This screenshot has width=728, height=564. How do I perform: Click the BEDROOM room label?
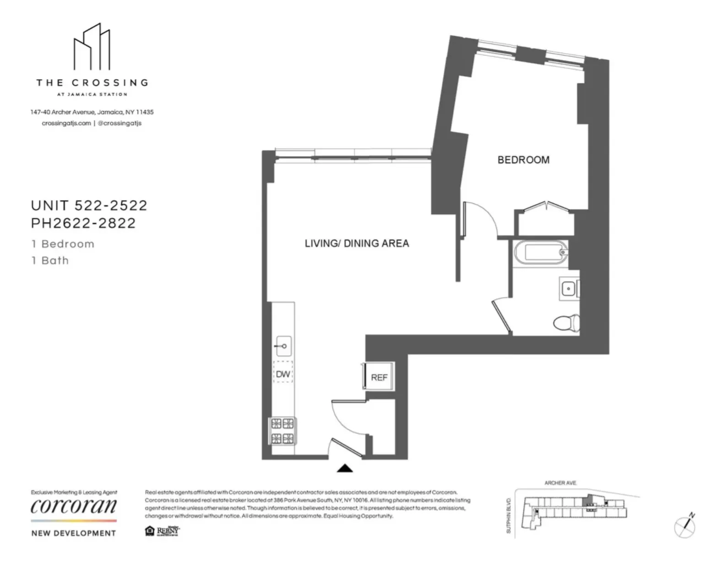point(523,160)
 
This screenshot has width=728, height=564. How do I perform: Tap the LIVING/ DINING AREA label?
point(357,244)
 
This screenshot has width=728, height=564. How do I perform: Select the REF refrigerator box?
point(379,377)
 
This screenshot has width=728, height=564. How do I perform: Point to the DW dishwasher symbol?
point(283,374)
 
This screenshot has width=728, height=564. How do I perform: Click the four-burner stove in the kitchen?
point(282,431)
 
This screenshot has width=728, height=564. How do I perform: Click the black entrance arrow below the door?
point(345,468)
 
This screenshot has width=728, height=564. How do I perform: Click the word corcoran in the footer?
point(74,506)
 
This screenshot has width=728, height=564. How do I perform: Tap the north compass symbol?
point(685,526)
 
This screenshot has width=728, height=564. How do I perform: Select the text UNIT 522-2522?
point(89,206)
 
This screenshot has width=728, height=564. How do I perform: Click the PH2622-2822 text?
point(83,223)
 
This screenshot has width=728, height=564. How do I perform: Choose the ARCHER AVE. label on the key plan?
point(560,483)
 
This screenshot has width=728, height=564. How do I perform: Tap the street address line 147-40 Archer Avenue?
point(92,112)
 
